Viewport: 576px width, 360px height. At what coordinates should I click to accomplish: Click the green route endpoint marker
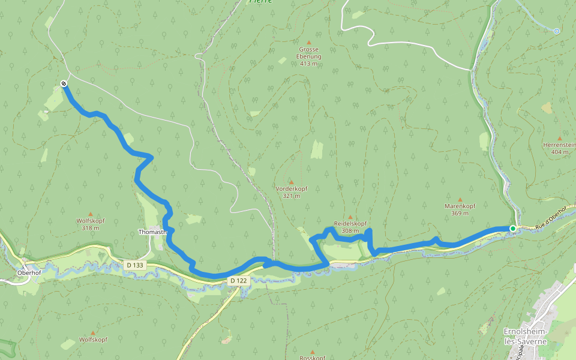[x=512, y=229]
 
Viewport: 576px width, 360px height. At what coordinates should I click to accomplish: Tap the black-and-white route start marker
[x=64, y=83]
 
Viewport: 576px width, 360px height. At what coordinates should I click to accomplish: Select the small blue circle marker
[x=556, y=31]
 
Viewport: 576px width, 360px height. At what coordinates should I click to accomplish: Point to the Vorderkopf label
[x=292, y=188]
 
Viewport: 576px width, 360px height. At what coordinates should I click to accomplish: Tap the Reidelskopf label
[x=350, y=223]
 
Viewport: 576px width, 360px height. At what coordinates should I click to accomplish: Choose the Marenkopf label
[x=460, y=206]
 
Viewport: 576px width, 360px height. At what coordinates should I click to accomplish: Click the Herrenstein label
[x=559, y=145]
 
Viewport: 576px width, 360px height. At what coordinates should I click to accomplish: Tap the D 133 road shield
[x=136, y=265]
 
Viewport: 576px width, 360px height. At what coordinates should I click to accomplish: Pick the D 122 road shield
[x=238, y=280]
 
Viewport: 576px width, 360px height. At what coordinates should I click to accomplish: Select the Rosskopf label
[x=312, y=358]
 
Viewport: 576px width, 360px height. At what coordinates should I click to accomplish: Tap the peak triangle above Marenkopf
[x=460, y=199]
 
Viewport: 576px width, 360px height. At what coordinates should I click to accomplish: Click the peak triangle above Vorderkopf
[x=292, y=182]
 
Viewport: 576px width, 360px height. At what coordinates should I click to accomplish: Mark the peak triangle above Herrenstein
[x=559, y=138]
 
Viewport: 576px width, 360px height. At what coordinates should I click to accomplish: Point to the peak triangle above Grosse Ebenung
[x=308, y=42]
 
